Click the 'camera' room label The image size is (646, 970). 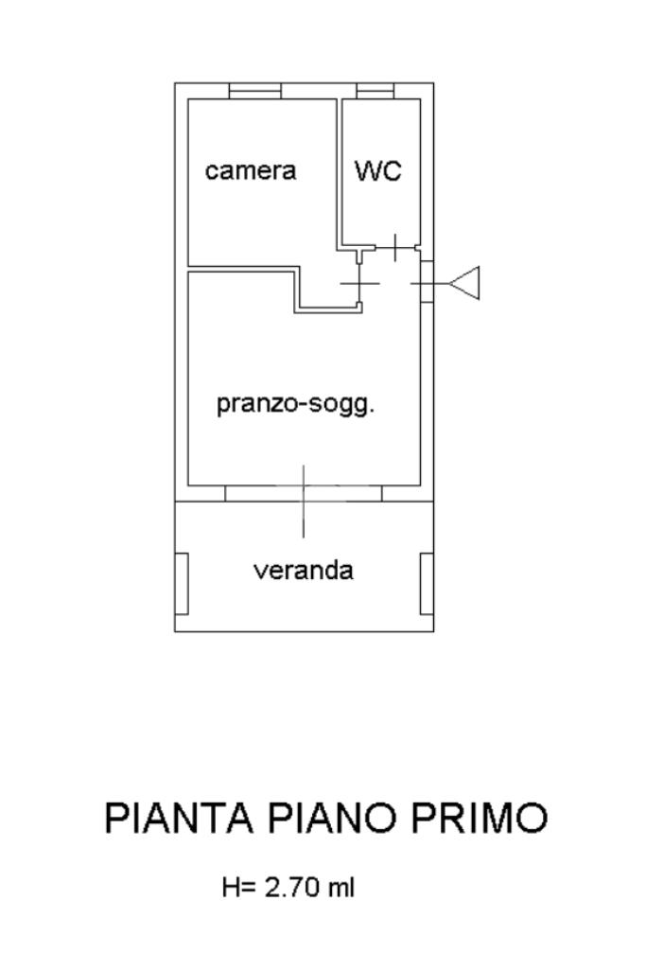[x=251, y=170]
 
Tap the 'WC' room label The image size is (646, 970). [x=378, y=171]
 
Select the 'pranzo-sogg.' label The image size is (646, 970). [x=296, y=404]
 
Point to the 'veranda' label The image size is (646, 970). [x=304, y=571]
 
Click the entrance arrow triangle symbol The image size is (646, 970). [x=466, y=283]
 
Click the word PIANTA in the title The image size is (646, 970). [x=179, y=819]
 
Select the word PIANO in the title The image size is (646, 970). [x=323, y=819]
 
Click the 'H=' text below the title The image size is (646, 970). [x=239, y=888]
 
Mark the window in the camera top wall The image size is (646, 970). [x=255, y=91]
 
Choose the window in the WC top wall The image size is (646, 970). [x=375, y=91]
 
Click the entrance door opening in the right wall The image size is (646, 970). [x=427, y=283]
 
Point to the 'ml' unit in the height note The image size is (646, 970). [x=341, y=888]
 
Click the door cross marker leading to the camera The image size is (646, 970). [x=360, y=283]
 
